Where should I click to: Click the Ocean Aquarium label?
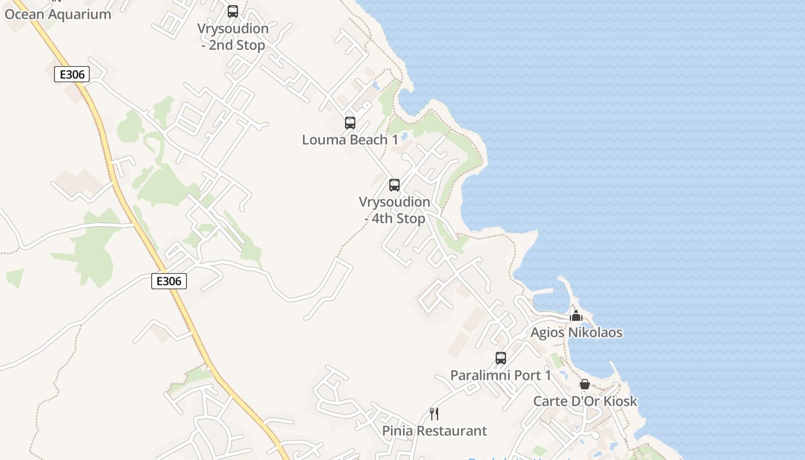[57, 14]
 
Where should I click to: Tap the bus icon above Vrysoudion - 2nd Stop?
[233, 11]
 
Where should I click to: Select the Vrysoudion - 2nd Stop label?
[233, 37]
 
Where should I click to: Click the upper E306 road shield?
[72, 74]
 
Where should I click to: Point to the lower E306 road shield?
[169, 281]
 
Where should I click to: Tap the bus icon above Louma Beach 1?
[350, 122]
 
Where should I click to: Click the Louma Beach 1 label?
[350, 140]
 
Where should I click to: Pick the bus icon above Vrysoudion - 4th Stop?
[394, 185]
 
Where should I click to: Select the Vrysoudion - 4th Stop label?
[394, 210]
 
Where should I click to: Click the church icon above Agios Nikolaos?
[576, 316]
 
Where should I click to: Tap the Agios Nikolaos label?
[576, 332]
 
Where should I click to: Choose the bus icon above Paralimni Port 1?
[501, 358]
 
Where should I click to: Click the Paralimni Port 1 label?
[501, 375]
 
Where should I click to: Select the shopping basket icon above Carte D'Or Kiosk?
[585, 384]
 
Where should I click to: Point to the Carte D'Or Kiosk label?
[585, 401]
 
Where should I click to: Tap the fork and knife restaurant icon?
[435, 413]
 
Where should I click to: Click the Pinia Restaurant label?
[435, 431]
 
